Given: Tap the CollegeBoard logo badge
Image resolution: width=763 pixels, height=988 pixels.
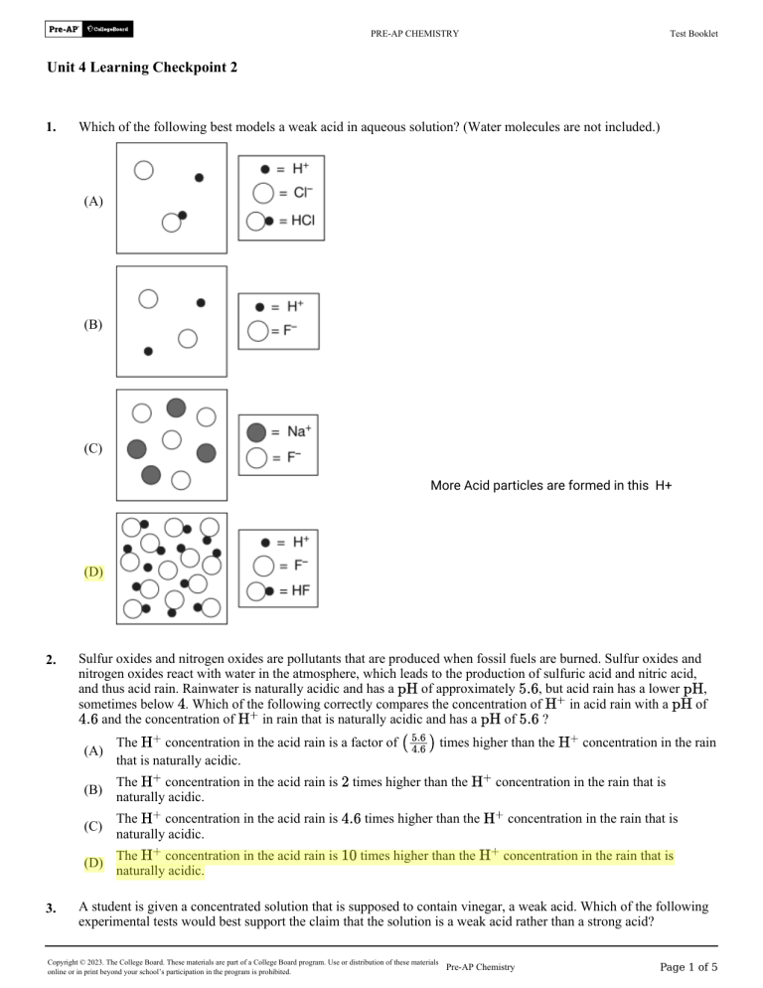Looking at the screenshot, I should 108,30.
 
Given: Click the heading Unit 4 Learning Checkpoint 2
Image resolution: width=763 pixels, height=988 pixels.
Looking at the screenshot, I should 141,68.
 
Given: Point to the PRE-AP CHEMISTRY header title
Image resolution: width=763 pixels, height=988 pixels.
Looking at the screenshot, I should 414,34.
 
